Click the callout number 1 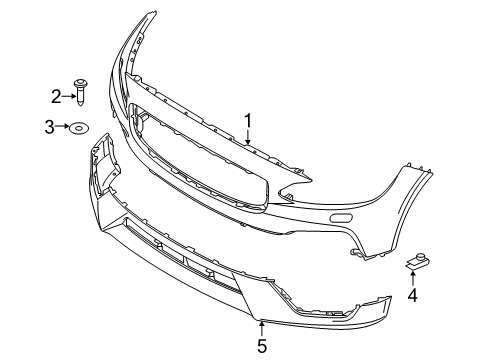coord(248,122)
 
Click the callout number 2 coord(57,95)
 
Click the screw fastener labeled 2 coord(80,93)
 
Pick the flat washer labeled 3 coord(78,126)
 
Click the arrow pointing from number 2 coord(68,95)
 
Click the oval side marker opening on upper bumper coord(341,217)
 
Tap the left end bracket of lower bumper coord(101,164)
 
